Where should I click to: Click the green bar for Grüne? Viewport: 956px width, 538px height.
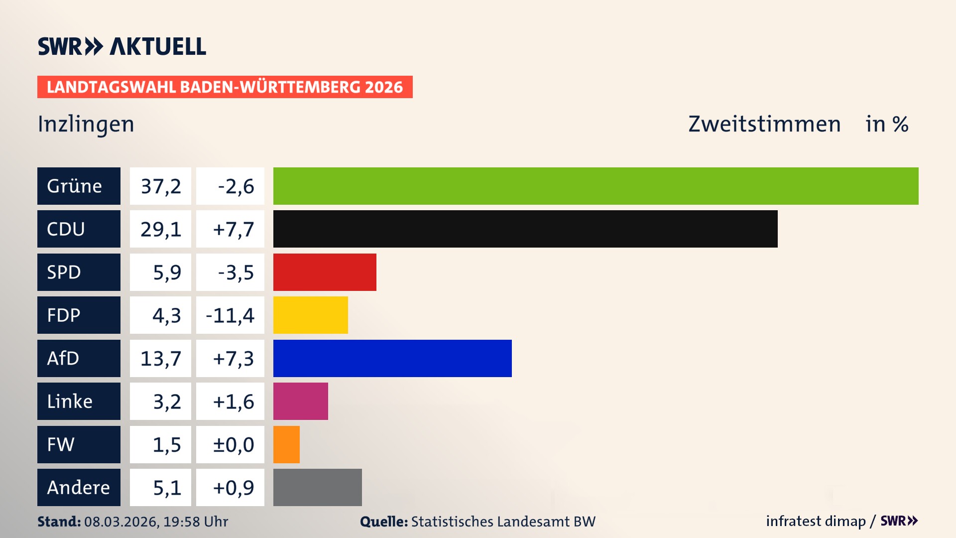point(596,186)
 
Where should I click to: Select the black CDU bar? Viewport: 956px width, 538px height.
point(525,229)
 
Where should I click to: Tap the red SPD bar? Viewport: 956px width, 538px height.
point(325,272)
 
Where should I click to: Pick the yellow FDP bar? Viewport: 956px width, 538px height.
point(310,315)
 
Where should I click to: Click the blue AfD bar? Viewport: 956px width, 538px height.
point(392,358)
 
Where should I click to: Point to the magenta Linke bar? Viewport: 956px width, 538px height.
point(300,401)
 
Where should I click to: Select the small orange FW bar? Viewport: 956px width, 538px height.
point(286,444)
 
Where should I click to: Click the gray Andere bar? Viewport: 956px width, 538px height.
point(317,487)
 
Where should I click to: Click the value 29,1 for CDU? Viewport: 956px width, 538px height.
point(160,229)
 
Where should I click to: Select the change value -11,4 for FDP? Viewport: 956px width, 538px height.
point(230,315)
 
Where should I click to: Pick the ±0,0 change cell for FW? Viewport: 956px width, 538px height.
point(233,444)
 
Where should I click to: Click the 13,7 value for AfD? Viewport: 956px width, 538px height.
point(160,358)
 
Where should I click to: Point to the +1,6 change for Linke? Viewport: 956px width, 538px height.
point(233,402)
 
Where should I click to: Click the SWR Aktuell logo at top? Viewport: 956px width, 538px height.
point(122,46)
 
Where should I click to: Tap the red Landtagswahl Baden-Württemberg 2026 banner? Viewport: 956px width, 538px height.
point(225,87)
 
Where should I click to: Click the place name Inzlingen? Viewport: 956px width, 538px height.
point(86,124)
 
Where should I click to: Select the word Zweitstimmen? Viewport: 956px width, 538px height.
point(764,124)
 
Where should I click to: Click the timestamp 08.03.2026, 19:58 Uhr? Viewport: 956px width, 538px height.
point(156,522)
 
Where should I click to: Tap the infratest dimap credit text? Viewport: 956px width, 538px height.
point(816,521)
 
